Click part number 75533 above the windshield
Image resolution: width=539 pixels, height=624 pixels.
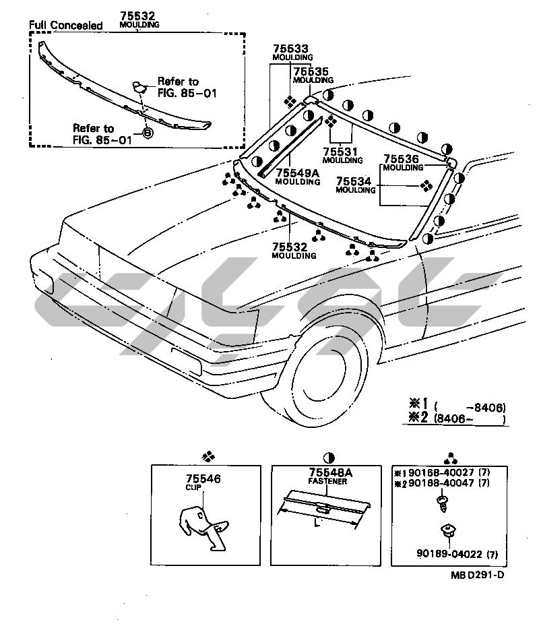[290, 49]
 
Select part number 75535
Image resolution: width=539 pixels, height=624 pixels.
[311, 71]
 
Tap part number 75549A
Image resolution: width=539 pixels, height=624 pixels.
[298, 173]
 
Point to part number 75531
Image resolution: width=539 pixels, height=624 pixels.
[340, 152]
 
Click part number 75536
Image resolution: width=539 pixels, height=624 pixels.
[401, 159]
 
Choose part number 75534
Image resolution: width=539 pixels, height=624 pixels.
[354, 181]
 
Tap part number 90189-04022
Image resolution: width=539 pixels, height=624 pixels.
[449, 553]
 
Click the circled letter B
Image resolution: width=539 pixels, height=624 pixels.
[148, 133]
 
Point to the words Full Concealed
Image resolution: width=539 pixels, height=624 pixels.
[65, 25]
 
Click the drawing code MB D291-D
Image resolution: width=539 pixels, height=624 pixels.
[477, 575]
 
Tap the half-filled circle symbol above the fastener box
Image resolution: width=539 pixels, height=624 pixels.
[329, 458]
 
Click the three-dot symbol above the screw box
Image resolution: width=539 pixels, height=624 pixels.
[450, 459]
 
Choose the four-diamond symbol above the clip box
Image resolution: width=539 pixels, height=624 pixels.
[208, 456]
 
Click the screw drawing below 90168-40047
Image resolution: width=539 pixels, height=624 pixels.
[442, 503]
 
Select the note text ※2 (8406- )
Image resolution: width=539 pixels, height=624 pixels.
[457, 418]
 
